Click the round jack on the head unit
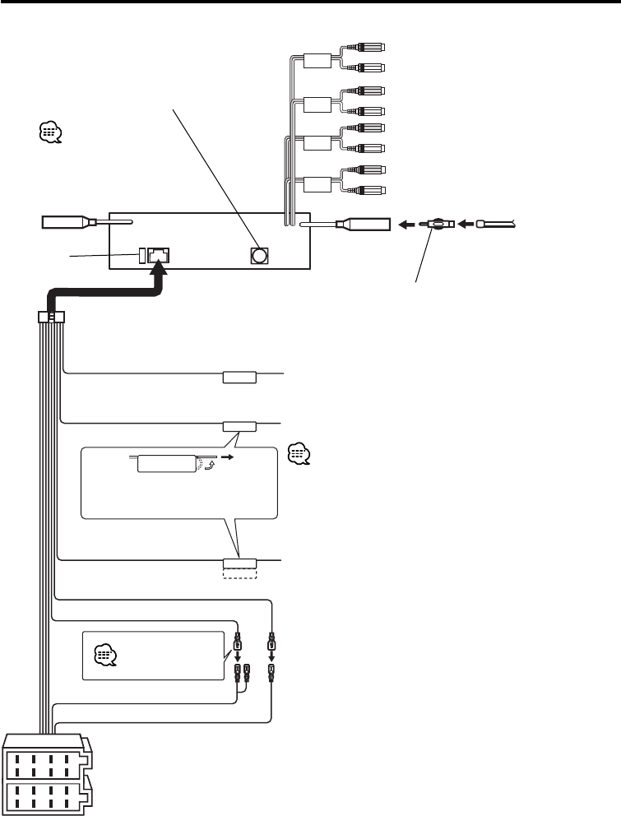(x=259, y=255)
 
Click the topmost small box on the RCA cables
(x=317, y=60)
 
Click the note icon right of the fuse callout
(x=299, y=455)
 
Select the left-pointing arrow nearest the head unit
(x=406, y=223)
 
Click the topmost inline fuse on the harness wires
(x=239, y=378)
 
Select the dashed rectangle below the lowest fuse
(x=240, y=573)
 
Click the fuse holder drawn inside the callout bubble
(x=166, y=463)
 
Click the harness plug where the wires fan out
(x=52, y=317)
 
